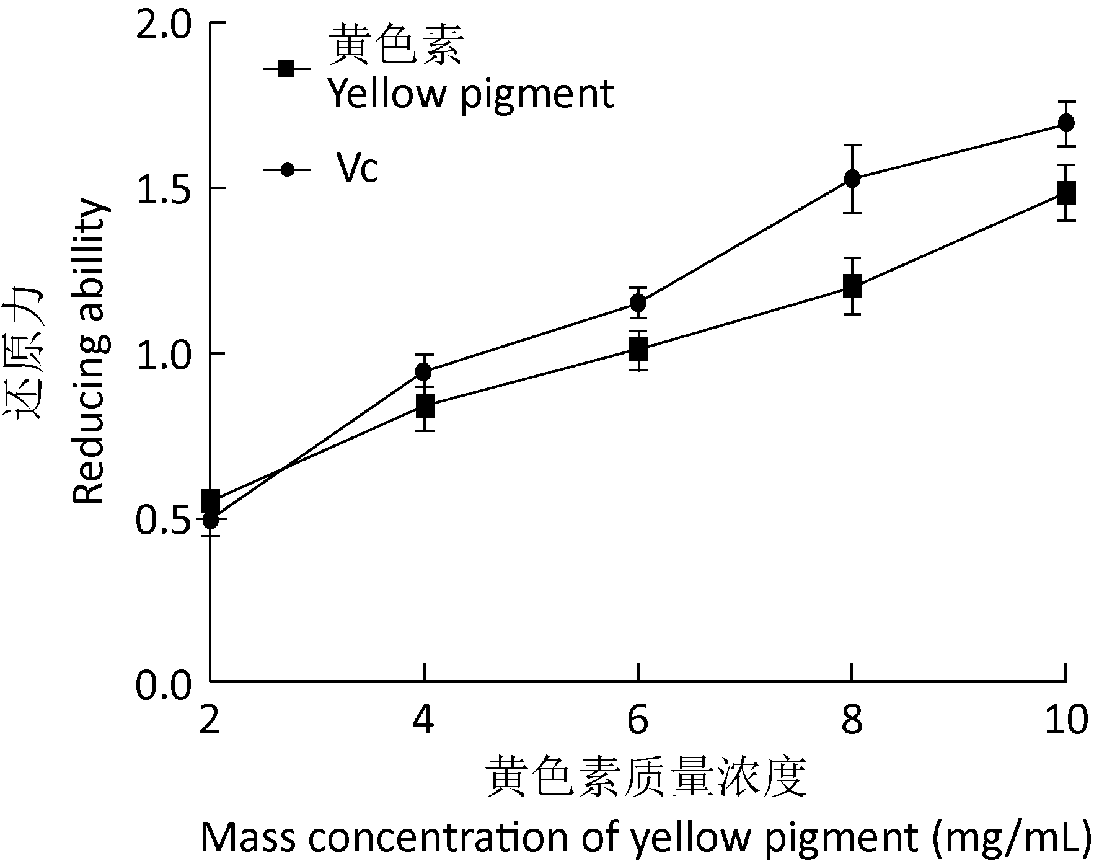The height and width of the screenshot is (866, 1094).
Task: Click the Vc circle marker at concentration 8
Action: coord(852,179)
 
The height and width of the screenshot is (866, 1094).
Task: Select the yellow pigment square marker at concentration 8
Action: coord(852,286)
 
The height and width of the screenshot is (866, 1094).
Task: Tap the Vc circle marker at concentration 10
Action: coord(1066,123)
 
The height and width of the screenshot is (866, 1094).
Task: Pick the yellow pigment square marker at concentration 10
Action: coord(1066,193)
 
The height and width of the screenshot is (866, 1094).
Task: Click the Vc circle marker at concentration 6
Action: coord(638,303)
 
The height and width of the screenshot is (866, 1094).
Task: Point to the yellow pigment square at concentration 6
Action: coord(638,351)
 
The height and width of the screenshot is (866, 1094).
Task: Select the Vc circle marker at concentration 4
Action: coord(424,372)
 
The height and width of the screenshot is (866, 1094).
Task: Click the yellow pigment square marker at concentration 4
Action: coord(425,407)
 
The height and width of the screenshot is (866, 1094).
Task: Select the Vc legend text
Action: coord(357,169)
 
